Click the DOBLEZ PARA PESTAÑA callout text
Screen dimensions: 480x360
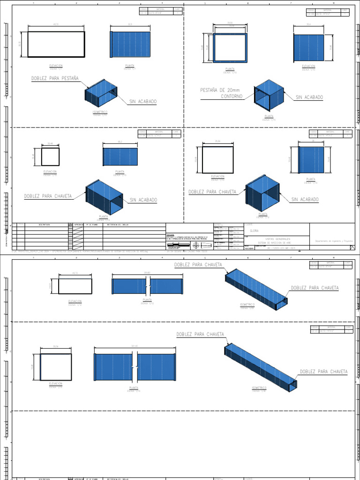point(55,78)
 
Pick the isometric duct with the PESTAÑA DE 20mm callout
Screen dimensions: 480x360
point(269,96)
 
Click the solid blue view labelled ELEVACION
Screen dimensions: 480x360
point(309,48)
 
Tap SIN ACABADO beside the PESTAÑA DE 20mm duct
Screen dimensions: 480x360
point(309,97)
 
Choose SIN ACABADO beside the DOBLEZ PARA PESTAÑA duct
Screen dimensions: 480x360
point(143,101)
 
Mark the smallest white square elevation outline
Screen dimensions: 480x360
point(50,157)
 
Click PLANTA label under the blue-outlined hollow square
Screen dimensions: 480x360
point(230,68)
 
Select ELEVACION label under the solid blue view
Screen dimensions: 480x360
point(309,66)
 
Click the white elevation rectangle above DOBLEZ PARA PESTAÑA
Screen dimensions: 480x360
point(56,44)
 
